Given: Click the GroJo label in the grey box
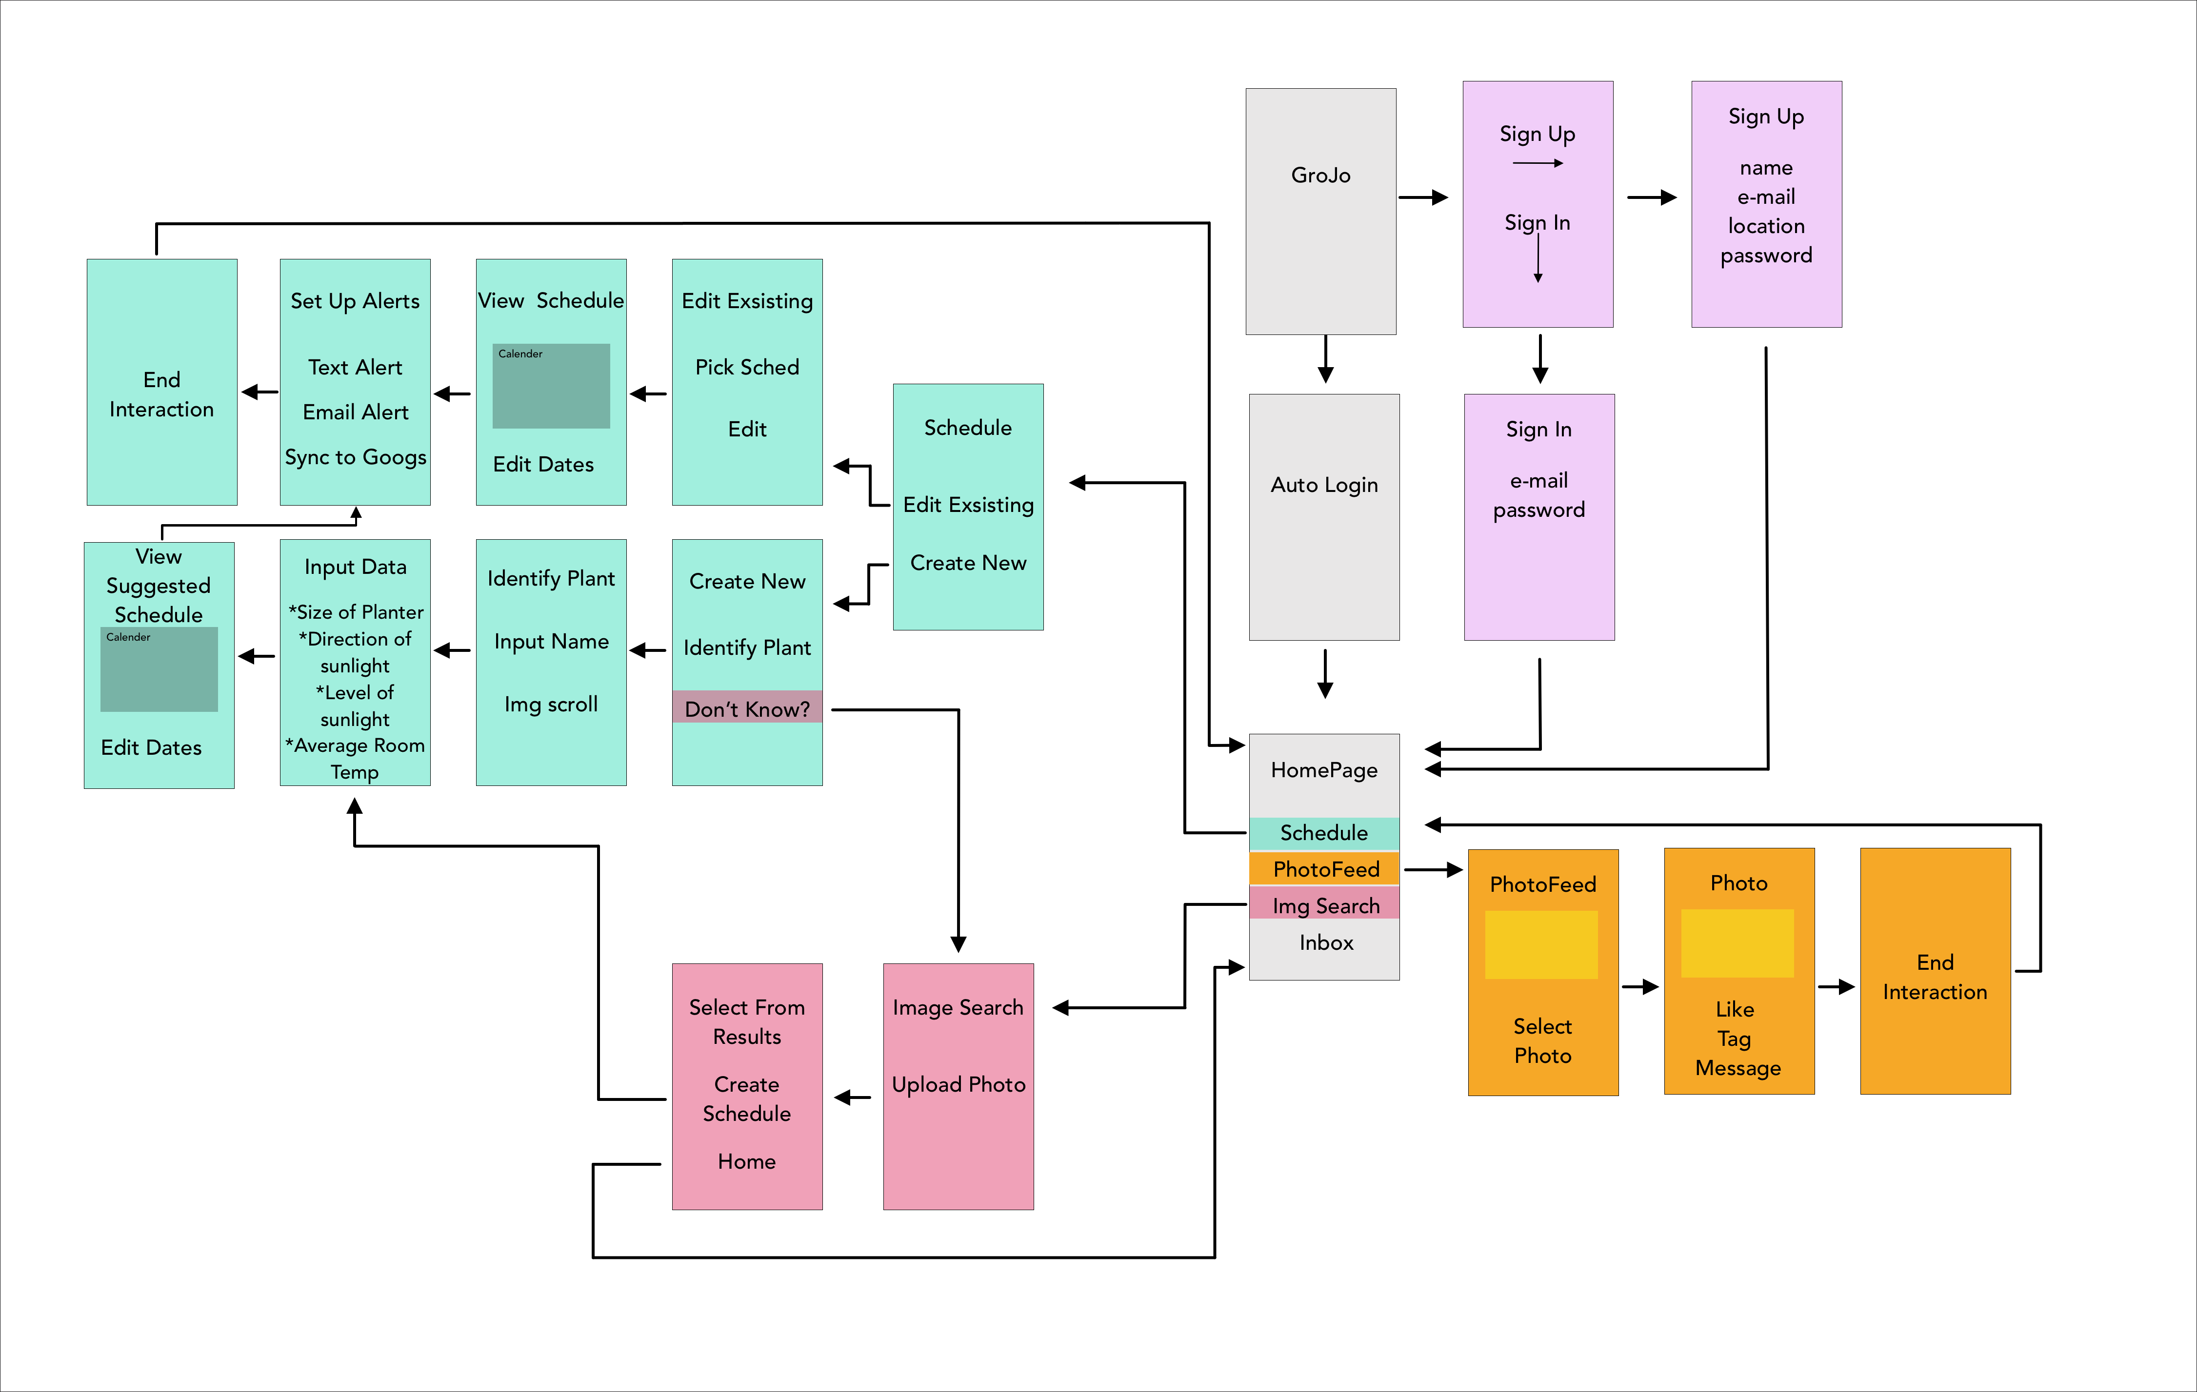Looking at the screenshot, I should pos(1320,175).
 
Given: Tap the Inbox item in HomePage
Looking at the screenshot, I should pos(1326,942).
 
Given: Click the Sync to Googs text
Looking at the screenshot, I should pos(355,457).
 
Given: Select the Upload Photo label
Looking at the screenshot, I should pos(958,1085).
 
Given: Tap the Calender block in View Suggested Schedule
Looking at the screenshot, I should pos(159,669).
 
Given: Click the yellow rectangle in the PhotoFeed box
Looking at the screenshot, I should pos(1541,944).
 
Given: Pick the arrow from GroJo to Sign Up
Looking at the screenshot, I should pos(1423,197).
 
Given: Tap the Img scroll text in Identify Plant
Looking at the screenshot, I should pos(551,704).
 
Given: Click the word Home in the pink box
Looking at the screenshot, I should pos(746,1161).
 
